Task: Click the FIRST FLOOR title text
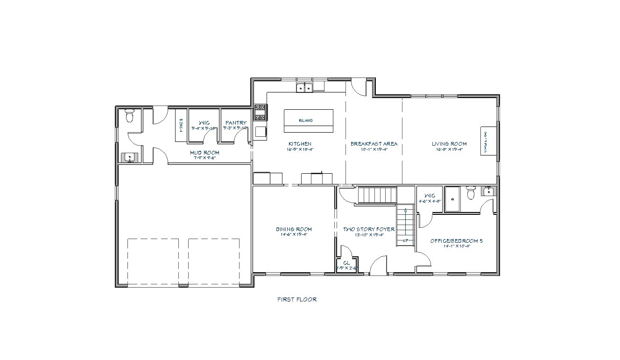pyautogui.click(x=297, y=299)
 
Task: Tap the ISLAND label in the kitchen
pyautogui.click(x=306, y=120)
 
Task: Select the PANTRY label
pyautogui.click(x=236, y=123)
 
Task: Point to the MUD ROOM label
pyautogui.click(x=204, y=153)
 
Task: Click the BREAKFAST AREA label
pyautogui.click(x=374, y=144)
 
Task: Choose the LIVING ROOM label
pyautogui.click(x=449, y=144)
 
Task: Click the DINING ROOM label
pyautogui.click(x=294, y=229)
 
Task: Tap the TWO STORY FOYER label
pyautogui.click(x=369, y=229)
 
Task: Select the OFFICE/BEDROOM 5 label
pyautogui.click(x=456, y=241)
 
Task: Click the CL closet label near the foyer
pyautogui.click(x=346, y=263)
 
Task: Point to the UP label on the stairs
pyautogui.click(x=405, y=241)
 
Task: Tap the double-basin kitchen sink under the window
pyautogui.click(x=304, y=87)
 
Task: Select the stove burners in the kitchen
pyautogui.click(x=260, y=113)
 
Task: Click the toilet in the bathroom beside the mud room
pyautogui.click(x=130, y=115)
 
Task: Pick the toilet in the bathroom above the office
pyautogui.click(x=471, y=192)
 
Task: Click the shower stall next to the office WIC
pyautogui.click(x=452, y=199)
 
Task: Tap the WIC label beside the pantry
pyautogui.click(x=204, y=123)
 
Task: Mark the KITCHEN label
pyautogui.click(x=300, y=144)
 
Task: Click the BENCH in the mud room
pyautogui.click(x=180, y=125)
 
